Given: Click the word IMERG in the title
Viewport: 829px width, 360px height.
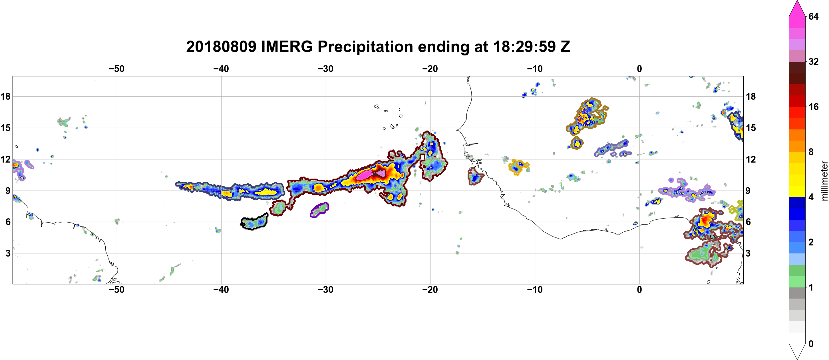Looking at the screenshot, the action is [x=287, y=47].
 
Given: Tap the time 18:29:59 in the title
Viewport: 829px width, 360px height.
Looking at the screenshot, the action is [x=524, y=47].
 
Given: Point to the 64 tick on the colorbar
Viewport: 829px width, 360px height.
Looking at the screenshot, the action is [x=814, y=16].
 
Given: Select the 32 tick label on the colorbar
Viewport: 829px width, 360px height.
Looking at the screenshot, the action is [x=814, y=61].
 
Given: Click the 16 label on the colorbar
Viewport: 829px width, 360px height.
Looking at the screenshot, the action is [x=814, y=107].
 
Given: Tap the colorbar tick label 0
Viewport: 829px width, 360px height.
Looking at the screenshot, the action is [x=811, y=344].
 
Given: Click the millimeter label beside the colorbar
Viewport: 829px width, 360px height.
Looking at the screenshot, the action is [x=824, y=181].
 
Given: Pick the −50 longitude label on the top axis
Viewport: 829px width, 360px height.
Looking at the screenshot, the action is [x=116, y=69].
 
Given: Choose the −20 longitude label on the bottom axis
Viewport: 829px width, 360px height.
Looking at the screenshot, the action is [x=430, y=290].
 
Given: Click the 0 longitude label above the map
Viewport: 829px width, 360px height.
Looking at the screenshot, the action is [x=639, y=69].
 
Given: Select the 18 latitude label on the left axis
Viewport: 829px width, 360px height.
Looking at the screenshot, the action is [x=5, y=96].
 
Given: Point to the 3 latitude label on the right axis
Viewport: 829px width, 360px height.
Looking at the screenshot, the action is [x=748, y=253].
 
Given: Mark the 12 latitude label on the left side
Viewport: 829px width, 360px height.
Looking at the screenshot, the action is [x=5, y=159].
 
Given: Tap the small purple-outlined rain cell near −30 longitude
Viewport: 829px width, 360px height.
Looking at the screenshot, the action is [x=319, y=210].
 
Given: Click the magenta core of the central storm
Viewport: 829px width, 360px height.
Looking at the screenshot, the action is [x=365, y=175].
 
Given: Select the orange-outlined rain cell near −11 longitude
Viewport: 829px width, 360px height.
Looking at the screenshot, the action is [x=519, y=167].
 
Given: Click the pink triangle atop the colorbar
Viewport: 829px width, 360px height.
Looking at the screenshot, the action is [x=797, y=8].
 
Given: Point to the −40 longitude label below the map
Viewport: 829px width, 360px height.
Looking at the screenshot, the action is [x=221, y=290].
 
